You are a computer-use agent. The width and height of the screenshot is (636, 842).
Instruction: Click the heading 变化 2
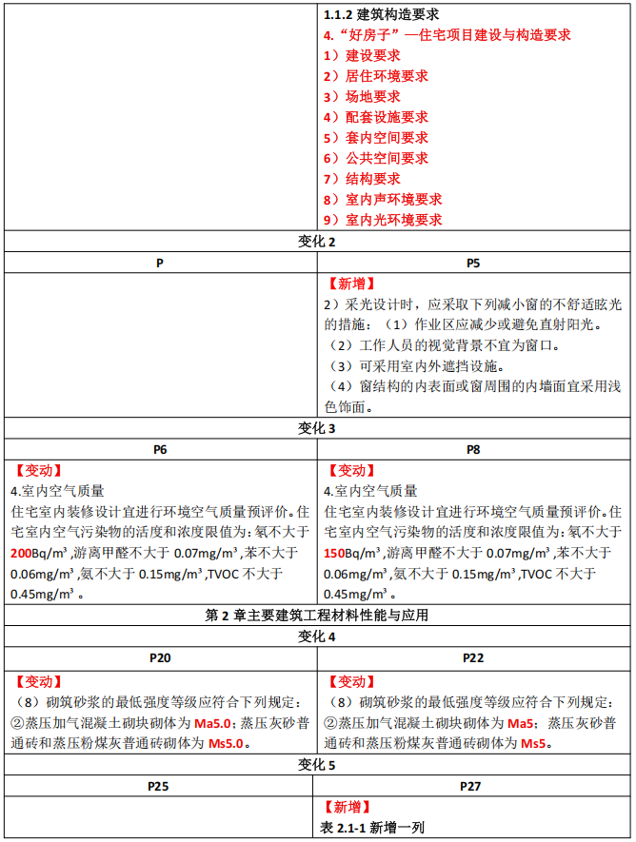coord(317,242)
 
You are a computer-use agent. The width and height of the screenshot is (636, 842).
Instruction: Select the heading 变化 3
coord(317,428)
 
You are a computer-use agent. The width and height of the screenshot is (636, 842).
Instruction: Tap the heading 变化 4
coord(317,636)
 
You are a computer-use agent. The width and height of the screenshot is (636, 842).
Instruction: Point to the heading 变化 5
coord(317,765)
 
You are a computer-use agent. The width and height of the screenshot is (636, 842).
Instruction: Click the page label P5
coord(473,262)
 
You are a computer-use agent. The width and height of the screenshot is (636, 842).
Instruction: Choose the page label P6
coord(159,449)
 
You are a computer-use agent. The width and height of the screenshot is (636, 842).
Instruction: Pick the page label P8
coord(473,449)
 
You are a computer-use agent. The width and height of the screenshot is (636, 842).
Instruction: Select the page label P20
coord(159,657)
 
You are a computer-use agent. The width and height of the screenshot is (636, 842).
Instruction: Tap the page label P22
coord(473,657)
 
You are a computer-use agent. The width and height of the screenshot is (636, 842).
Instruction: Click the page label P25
coord(159,786)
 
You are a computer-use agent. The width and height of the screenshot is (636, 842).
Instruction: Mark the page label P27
coord(473,786)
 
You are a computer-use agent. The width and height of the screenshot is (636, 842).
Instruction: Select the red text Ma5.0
coord(213,724)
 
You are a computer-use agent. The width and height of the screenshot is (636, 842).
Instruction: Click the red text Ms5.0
coord(229,744)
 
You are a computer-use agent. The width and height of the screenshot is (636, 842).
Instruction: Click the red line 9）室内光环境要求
coord(382,220)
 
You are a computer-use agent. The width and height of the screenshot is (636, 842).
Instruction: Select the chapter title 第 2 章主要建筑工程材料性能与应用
coord(317,615)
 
